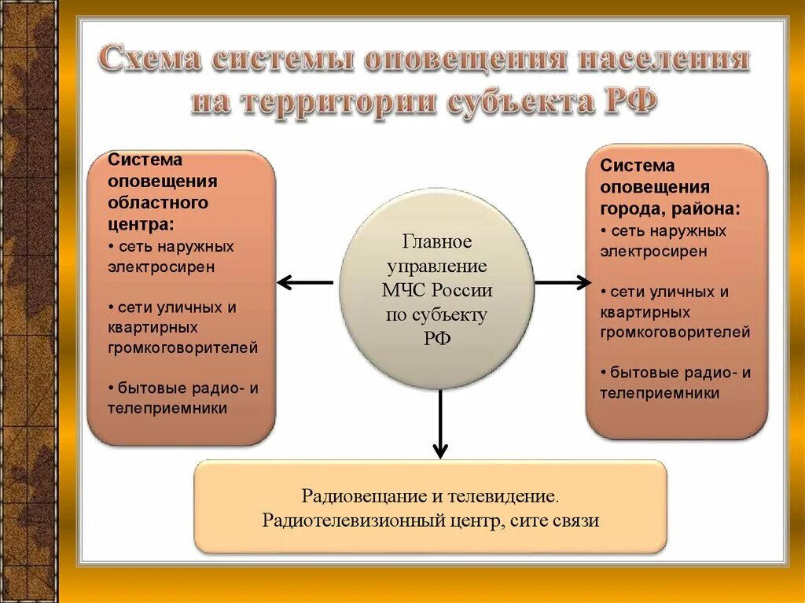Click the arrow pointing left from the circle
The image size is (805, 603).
pos(304,281)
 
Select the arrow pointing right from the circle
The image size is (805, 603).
pos(562,281)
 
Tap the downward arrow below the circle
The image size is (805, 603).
pos(440,425)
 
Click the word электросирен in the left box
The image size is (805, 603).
pos(162,266)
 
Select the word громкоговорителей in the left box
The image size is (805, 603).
pos(182,347)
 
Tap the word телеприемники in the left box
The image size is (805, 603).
pos(167,408)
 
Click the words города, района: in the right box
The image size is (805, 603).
pos(670,208)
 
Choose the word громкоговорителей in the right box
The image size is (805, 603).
pos(675,333)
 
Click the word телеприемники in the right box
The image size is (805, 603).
pos(660,393)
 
